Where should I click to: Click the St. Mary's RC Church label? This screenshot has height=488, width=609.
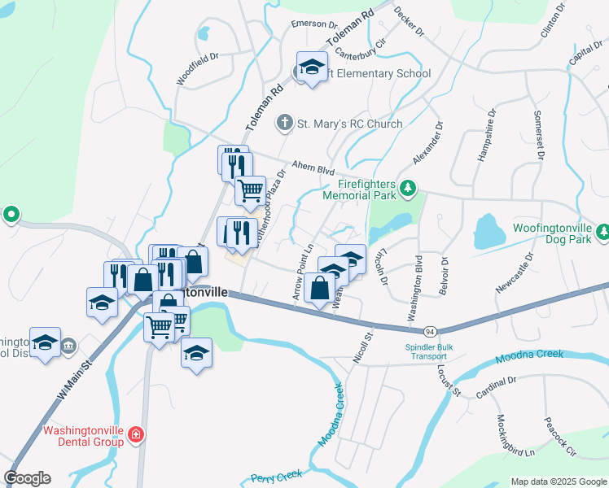[349, 124]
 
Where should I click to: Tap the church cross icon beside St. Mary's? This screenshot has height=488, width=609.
[284, 124]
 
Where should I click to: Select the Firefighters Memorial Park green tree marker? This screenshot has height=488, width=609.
[408, 190]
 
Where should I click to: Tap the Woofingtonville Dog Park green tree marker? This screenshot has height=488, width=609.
[602, 233]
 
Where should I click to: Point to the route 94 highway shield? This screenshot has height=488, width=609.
[428, 331]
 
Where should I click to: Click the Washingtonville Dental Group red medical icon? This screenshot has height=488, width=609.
[135, 437]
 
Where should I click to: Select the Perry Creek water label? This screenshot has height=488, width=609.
[277, 476]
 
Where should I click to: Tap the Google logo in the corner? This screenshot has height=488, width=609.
[27, 478]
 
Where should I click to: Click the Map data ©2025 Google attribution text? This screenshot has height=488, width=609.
[559, 481]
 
